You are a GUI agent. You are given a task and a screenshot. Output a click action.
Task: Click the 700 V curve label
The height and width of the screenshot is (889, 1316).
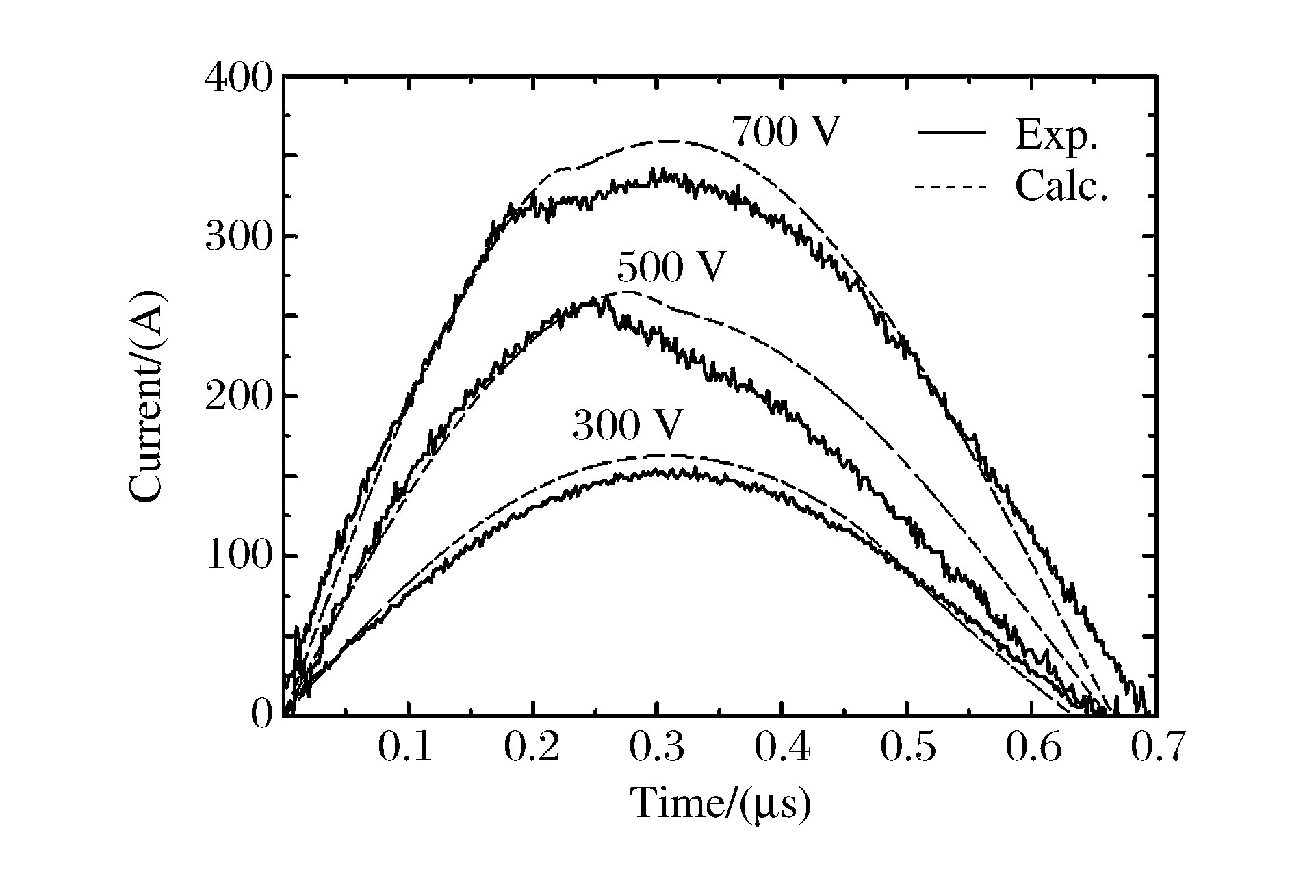(x=785, y=133)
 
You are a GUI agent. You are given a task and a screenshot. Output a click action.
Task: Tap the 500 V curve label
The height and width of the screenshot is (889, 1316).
(x=670, y=268)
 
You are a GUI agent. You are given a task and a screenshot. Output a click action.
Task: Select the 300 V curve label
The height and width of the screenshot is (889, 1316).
(x=627, y=426)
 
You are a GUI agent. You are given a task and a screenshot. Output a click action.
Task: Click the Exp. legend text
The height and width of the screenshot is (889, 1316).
(x=1056, y=135)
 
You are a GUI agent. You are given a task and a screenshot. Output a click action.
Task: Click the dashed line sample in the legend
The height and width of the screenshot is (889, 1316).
(x=951, y=186)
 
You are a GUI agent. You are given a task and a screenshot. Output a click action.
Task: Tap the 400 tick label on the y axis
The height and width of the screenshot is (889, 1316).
(x=238, y=77)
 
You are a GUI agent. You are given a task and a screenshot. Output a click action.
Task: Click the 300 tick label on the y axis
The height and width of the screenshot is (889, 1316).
(x=238, y=237)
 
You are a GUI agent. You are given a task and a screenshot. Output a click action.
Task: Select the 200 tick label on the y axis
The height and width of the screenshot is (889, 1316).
(x=238, y=396)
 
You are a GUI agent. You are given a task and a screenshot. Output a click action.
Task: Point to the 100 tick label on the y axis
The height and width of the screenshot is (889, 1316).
(x=238, y=556)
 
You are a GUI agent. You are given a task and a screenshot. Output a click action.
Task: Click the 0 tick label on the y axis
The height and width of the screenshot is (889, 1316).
(x=261, y=716)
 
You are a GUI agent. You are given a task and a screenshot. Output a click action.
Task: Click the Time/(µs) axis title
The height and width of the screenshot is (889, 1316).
(x=721, y=803)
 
